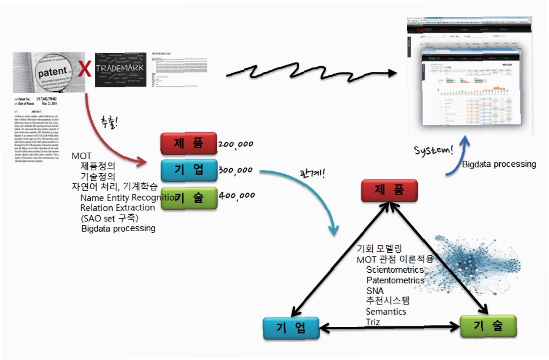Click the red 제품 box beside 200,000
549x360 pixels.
coord(188,143)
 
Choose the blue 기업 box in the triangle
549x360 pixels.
coord(291,327)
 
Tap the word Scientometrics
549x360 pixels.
coord(395,270)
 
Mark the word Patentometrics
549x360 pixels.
coord(395,280)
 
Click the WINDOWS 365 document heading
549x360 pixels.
coord(162,53)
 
